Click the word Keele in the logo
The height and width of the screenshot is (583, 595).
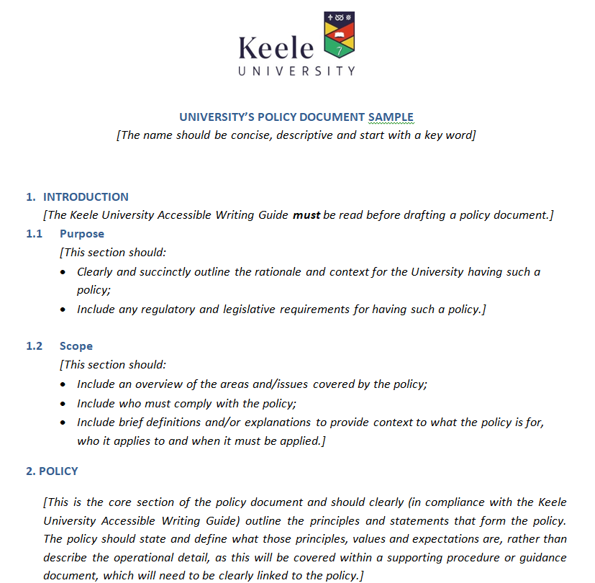[276, 48]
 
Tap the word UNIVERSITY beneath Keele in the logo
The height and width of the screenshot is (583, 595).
[296, 71]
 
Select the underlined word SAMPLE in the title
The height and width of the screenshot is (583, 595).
[391, 117]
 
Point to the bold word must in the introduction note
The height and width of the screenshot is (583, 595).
[306, 215]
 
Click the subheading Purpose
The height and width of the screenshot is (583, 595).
[81, 234]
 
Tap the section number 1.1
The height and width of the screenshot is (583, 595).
[35, 234]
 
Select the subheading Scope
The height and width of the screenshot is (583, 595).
[76, 346]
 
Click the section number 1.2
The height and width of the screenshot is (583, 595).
[35, 346]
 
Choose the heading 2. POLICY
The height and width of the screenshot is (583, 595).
[52, 471]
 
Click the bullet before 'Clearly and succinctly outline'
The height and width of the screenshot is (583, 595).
[64, 272]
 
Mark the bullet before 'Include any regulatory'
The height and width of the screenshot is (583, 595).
[64, 309]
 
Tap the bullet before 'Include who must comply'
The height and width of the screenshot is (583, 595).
[64, 403]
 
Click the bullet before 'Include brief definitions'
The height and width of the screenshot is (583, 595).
[64, 422]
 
